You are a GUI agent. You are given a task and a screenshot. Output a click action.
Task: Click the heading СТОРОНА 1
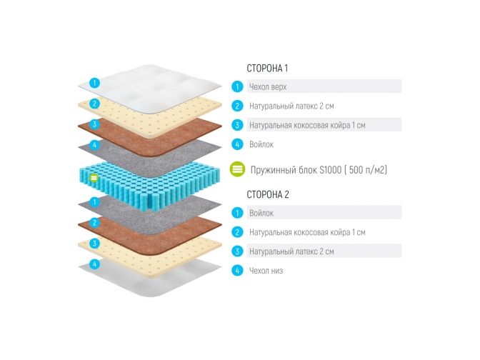[x=266, y=69]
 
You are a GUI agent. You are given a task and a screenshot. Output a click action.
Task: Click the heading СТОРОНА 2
[x=267, y=194]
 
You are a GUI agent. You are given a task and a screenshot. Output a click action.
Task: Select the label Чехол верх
[x=269, y=87]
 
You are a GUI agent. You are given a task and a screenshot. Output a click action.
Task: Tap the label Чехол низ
[x=266, y=271]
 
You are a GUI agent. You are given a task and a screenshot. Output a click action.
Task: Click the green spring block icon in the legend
[x=237, y=169]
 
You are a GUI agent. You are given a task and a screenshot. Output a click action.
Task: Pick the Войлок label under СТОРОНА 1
[x=261, y=144]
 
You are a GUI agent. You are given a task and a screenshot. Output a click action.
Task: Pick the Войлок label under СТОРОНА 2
[x=261, y=213]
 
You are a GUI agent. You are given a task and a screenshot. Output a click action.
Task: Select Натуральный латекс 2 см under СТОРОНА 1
[x=291, y=106]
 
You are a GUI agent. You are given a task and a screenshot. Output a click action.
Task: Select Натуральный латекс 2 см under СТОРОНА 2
[x=291, y=251]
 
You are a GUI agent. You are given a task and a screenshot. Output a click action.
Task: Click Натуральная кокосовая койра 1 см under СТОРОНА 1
[x=307, y=126]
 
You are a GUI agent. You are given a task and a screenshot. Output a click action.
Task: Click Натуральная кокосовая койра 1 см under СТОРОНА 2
[x=307, y=232]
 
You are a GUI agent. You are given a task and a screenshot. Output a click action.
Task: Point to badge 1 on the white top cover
[x=94, y=84]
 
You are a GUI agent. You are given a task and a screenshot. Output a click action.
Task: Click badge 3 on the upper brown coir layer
[x=94, y=124]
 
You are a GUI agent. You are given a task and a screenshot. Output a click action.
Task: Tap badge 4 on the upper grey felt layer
[x=94, y=146]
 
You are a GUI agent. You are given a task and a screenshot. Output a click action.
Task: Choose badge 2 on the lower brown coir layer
[x=94, y=223]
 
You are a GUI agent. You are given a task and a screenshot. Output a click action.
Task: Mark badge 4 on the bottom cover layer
[x=94, y=264]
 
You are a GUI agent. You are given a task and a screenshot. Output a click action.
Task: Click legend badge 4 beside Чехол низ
[x=237, y=271]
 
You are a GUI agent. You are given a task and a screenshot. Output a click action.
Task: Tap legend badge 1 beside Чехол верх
[x=237, y=87]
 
